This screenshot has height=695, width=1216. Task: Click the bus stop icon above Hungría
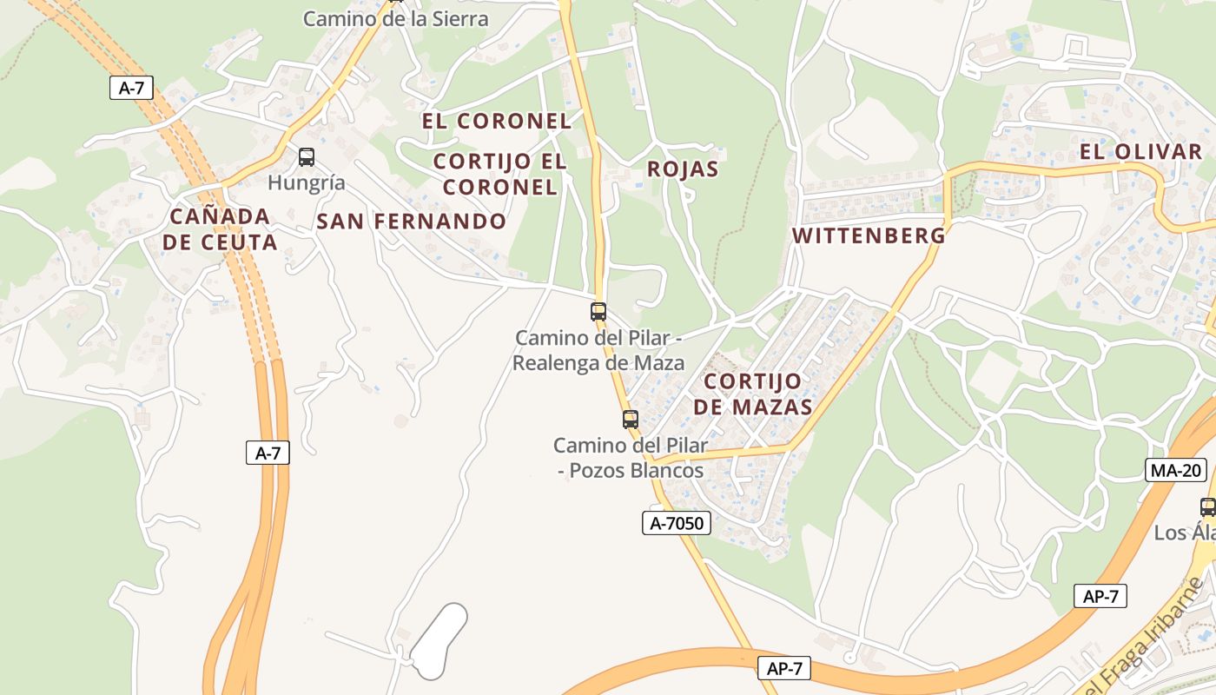click(307, 157)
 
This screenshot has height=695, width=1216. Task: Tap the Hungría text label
click(307, 182)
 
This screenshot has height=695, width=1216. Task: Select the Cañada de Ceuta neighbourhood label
click(220, 229)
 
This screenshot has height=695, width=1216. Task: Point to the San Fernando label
click(411, 222)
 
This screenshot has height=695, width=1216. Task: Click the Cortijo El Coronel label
click(499, 174)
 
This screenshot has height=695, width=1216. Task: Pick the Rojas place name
click(683, 169)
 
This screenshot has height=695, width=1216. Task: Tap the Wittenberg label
click(869, 235)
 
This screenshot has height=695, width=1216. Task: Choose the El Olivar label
click(1140, 152)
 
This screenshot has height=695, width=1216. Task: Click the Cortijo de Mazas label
click(758, 394)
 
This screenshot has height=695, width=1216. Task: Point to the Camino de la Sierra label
click(395, 18)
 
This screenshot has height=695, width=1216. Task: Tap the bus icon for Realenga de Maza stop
click(598, 311)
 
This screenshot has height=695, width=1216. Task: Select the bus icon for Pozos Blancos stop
click(631, 420)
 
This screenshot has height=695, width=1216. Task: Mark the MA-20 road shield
click(1176, 471)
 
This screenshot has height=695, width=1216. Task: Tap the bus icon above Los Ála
click(1207, 507)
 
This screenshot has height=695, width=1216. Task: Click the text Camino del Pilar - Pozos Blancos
click(631, 458)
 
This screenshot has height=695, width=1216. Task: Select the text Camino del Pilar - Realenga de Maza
click(598, 350)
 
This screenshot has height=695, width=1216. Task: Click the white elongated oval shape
click(439, 641)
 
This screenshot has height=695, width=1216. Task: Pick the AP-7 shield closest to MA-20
click(1100, 596)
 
